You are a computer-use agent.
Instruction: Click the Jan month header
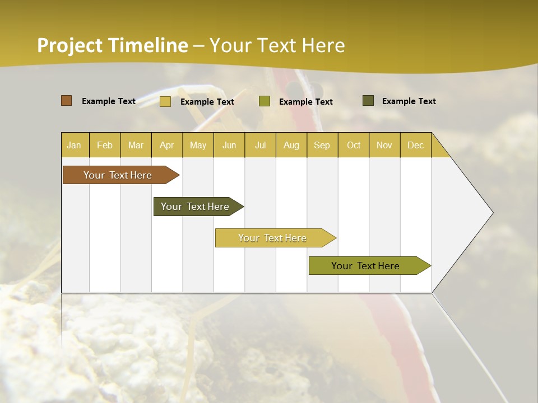(x=74, y=145)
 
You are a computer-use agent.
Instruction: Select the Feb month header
(x=105, y=145)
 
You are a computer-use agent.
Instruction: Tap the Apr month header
(x=166, y=145)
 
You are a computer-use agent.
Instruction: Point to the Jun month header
(x=229, y=145)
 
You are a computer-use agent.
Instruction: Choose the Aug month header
(x=291, y=145)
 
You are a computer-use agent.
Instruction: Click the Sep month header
(x=322, y=145)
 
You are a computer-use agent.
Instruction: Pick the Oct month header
(x=354, y=145)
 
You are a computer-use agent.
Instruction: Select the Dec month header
(x=415, y=145)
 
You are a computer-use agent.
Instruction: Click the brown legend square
(x=66, y=101)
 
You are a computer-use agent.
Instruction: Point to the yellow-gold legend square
(x=165, y=101)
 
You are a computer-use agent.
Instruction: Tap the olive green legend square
(x=265, y=101)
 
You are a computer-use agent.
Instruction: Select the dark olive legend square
(x=368, y=101)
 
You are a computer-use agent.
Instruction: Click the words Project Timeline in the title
(x=112, y=45)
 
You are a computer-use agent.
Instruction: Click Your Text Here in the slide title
(x=277, y=45)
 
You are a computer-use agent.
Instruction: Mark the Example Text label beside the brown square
(x=109, y=101)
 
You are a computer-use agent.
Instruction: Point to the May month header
(x=198, y=145)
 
